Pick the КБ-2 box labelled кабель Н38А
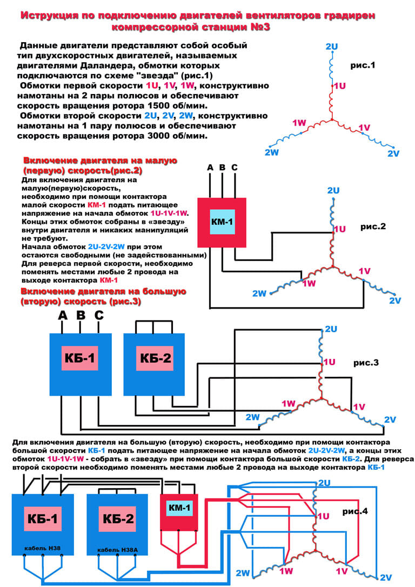[117, 522]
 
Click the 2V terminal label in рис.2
[396, 300]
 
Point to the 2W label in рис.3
[252, 417]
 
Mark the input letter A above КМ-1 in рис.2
[211, 168]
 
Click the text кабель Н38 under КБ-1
[44, 549]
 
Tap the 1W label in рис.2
[309, 283]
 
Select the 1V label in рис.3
[359, 406]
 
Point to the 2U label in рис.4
[324, 483]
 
